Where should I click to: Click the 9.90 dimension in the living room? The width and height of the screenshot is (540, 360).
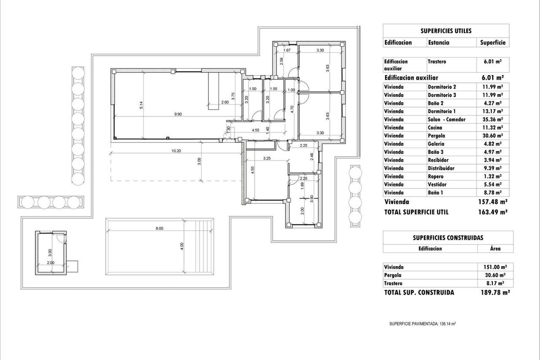coord(178,114)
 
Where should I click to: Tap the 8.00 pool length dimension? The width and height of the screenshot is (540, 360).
coord(159,228)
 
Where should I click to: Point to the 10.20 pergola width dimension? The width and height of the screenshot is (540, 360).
coord(176,151)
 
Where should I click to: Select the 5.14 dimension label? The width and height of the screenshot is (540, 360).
coord(141,105)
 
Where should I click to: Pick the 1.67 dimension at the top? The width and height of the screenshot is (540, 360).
coord(287,50)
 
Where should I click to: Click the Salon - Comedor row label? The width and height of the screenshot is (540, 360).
coord(446,119)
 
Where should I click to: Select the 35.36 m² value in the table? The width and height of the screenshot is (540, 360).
coord(493,119)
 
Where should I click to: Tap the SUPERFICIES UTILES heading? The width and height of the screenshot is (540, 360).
coord(446,31)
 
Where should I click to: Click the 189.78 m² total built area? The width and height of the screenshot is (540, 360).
coord(494,292)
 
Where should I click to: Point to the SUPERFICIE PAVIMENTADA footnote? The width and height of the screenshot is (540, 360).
coord(423,324)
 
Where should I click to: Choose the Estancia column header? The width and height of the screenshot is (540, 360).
coord(438,43)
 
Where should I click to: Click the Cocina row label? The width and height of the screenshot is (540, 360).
coord(435,127)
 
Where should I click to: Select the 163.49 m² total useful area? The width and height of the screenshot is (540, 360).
coord(493,212)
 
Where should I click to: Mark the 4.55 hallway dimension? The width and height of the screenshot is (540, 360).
coord(256,130)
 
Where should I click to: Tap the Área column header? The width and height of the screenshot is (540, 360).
coord(495,248)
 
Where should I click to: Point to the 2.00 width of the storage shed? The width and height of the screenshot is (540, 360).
coord(50,263)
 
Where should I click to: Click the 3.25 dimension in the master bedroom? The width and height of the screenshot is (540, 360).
coord(267,158)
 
